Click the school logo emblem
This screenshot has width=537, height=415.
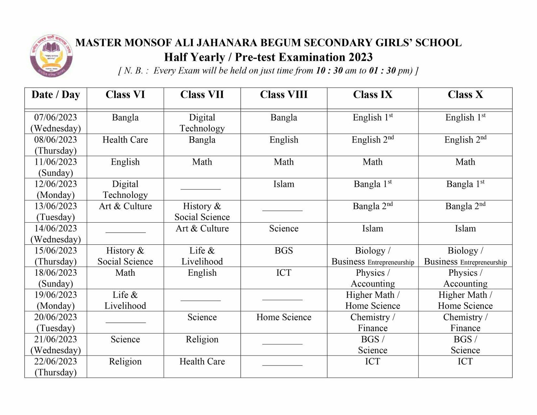click(x=51, y=56)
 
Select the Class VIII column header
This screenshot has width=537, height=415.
click(x=284, y=95)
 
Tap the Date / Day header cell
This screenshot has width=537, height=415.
click(x=56, y=95)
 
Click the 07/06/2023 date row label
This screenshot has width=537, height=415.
click(x=56, y=123)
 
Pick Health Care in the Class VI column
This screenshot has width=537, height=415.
click(x=125, y=140)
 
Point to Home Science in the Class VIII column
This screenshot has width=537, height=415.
click(x=284, y=317)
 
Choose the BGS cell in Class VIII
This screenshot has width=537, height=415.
click(x=284, y=251)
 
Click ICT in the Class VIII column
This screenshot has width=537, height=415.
click(x=284, y=273)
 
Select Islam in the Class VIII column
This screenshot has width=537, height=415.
click(x=284, y=184)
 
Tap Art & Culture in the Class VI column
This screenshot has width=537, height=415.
click(x=125, y=206)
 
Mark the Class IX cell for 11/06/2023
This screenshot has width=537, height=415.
click(x=373, y=162)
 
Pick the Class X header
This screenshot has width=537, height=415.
click(x=465, y=95)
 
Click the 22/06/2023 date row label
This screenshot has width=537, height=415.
click(x=56, y=367)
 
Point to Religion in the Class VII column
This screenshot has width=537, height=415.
click(x=202, y=339)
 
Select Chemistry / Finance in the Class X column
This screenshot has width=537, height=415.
click(x=465, y=322)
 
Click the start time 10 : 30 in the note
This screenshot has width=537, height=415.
click(x=328, y=71)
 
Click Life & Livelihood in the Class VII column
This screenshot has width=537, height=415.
click(x=202, y=256)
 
